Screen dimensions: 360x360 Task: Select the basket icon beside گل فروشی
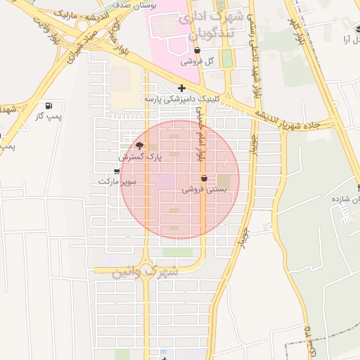coord(196,51)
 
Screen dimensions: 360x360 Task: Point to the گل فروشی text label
coord(196,62)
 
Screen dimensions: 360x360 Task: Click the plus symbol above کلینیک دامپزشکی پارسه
coord(182,88)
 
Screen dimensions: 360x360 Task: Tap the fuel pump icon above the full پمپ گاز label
coord(49,105)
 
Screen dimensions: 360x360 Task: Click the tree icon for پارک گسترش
coord(139,146)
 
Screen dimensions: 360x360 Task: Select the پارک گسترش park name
coord(140,157)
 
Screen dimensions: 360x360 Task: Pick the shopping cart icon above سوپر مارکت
coord(116,171)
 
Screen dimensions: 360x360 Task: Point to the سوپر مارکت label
coord(116,181)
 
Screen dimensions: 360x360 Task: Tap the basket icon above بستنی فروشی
coord(204,179)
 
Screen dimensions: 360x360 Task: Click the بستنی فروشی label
coord(204,190)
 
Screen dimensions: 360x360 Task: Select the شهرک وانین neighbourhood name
coord(145,271)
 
